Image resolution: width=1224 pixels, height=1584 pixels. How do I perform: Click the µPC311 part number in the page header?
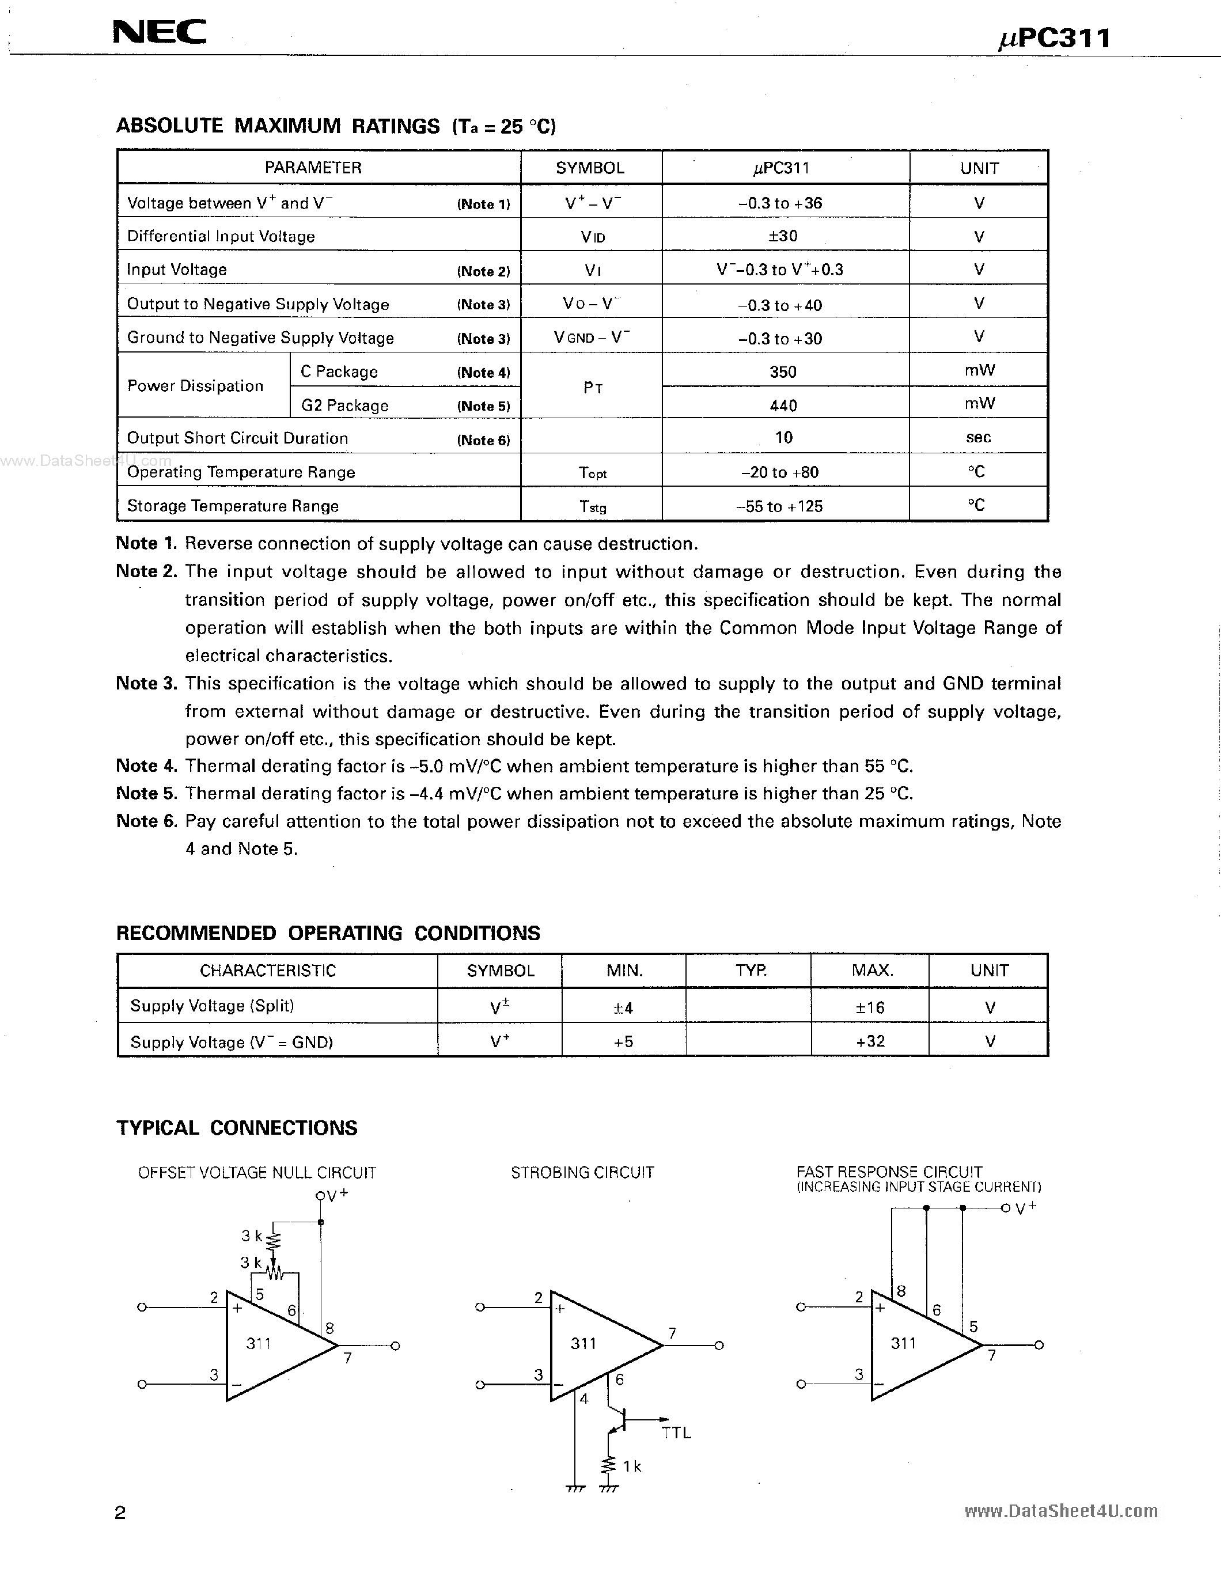coord(1054,37)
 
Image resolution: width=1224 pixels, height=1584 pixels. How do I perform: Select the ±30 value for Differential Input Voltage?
coord(783,236)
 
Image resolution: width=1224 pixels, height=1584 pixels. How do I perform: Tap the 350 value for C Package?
coord(783,372)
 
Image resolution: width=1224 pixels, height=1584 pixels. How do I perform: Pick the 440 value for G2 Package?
coord(783,406)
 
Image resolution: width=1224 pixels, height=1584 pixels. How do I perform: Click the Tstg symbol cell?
coord(593,506)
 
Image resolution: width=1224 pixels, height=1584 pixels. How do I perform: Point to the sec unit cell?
coord(977,437)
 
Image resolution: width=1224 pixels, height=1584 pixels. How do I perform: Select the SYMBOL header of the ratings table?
coord(589,168)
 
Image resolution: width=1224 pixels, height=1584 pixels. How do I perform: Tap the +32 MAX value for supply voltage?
coord(869,1041)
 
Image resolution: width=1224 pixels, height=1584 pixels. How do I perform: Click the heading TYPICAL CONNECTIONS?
coord(236,1128)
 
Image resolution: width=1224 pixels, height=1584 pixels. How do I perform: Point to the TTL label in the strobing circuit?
coord(676,1433)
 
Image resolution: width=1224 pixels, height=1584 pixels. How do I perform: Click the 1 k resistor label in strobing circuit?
coord(631,1466)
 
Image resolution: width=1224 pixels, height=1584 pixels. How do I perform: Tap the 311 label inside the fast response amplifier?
coord(903,1343)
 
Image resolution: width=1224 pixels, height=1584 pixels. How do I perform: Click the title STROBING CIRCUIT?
coord(582,1173)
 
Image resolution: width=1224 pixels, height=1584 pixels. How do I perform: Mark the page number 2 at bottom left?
coord(120,1513)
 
